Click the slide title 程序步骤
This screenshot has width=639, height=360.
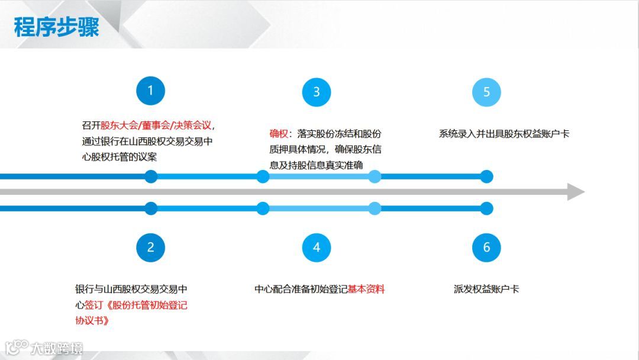pyautogui.click(x=56, y=27)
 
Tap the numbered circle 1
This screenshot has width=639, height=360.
pyautogui.click(x=150, y=91)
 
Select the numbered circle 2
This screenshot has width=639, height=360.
pyautogui.click(x=150, y=247)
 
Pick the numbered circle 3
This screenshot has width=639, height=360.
pyautogui.click(x=317, y=92)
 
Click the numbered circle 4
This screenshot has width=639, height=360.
pyautogui.click(x=317, y=247)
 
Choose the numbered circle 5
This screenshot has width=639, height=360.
pyautogui.click(x=486, y=92)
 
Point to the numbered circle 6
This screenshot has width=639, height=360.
pyautogui.click(x=486, y=247)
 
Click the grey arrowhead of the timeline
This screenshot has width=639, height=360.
pyautogui.click(x=575, y=192)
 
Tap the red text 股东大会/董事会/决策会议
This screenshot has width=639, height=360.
pyautogui.click(x=156, y=126)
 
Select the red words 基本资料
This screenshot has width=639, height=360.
pyautogui.click(x=366, y=290)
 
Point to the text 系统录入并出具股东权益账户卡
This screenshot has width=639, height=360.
pyautogui.click(x=504, y=134)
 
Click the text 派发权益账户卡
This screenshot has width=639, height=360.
pyautogui.click(x=486, y=290)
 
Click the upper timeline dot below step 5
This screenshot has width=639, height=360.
pyautogui.click(x=486, y=176)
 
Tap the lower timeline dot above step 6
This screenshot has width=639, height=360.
pyautogui.click(x=486, y=208)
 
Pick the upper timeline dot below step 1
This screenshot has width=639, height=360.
pyautogui.click(x=151, y=176)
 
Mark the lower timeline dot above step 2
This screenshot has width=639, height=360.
pyautogui.click(x=151, y=208)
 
